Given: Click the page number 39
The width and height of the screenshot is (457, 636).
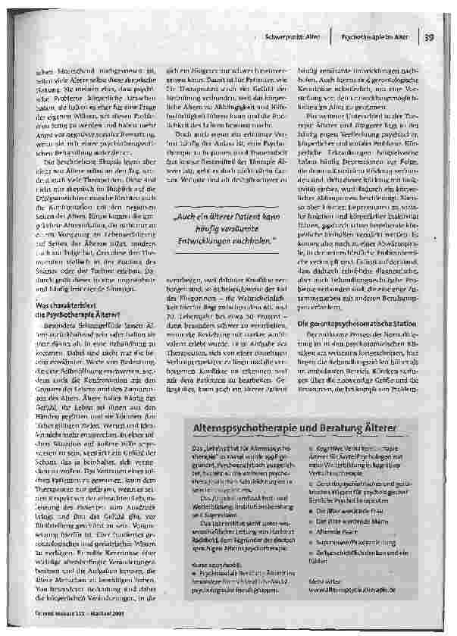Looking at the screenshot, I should coord(428,36).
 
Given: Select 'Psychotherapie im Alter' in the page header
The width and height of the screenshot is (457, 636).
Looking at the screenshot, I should coord(374,36).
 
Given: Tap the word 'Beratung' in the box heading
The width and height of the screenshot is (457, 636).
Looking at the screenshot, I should coord(338,431).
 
